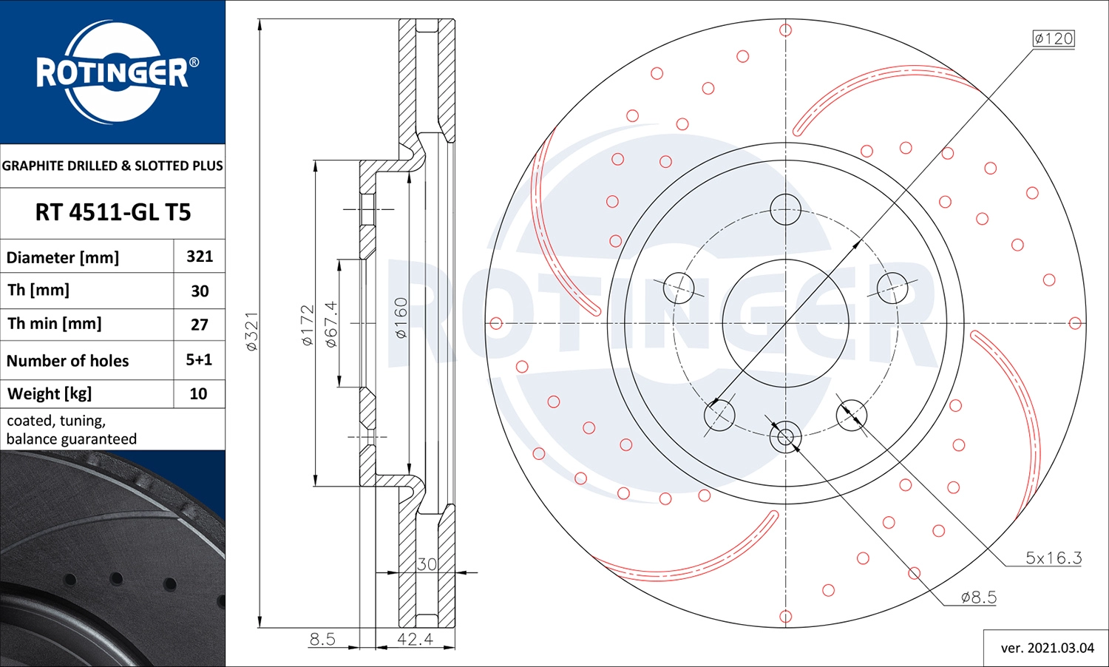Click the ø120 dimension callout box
point(1053,38)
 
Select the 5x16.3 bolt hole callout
point(1053,558)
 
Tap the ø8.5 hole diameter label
point(978,597)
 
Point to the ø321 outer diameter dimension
point(251,331)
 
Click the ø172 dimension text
point(308,325)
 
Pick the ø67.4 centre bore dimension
point(330,324)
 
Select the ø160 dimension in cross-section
point(400,318)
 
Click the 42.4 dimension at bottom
point(415,639)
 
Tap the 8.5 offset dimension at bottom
point(322,639)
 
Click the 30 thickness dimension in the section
point(427,564)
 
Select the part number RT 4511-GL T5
point(112,212)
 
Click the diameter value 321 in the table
point(200,257)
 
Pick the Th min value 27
point(200,325)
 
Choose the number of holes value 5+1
point(199,359)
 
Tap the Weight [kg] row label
point(50,393)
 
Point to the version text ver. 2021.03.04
point(1047,648)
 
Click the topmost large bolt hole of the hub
point(785,209)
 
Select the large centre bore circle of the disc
point(785,322)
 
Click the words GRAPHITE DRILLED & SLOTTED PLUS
point(112,166)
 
